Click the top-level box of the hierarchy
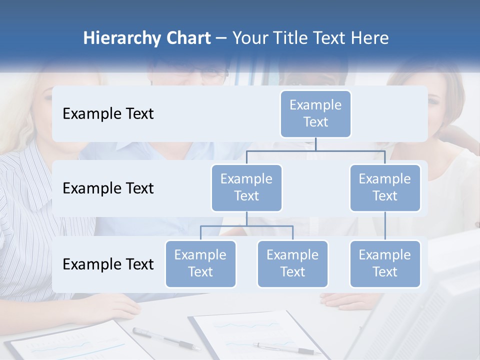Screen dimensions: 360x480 [x=315, y=113]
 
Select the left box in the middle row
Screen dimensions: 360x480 [x=246, y=187]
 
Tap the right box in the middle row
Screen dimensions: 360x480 [x=385, y=187]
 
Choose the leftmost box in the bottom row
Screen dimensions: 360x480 [x=200, y=263]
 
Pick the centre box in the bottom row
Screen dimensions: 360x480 [x=292, y=263]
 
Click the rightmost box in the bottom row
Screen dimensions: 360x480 [x=385, y=263]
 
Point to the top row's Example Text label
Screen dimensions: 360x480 [x=108, y=114]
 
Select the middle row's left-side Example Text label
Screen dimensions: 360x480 [x=108, y=188]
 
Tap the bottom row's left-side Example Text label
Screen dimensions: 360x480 [x=108, y=264]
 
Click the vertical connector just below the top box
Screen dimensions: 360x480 [x=315, y=144]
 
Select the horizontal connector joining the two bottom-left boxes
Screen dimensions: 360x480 [x=246, y=226]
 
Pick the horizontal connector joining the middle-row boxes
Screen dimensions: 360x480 [x=315, y=150]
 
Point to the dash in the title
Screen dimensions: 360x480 [x=221, y=38]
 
